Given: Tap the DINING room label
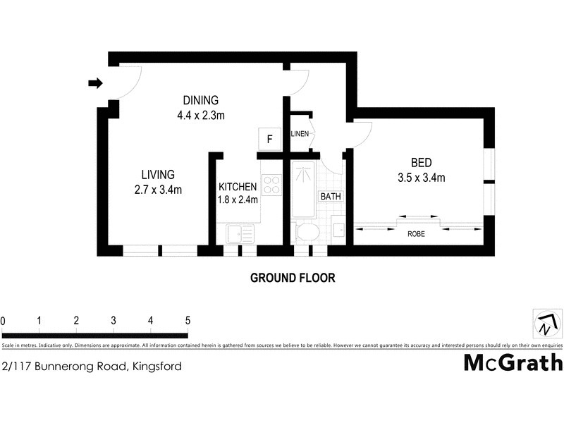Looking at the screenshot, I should (x=201, y=100).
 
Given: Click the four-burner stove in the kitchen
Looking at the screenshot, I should (x=271, y=185).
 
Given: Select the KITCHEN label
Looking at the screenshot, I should (x=238, y=187).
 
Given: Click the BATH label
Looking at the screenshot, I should (x=331, y=197).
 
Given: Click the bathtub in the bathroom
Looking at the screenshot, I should (x=304, y=190).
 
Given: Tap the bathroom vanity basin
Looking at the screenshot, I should (x=338, y=231).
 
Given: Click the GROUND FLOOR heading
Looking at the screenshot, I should (x=293, y=278).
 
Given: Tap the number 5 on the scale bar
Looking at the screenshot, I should (x=188, y=321).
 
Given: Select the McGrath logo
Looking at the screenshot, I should (x=513, y=363).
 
